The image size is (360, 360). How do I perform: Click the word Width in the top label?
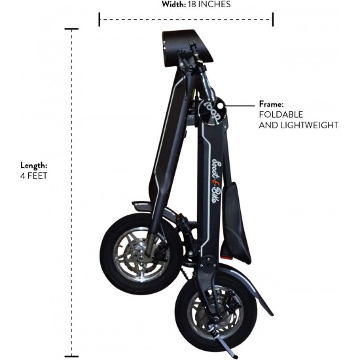[x=173, y=5]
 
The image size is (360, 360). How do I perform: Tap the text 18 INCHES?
[x=209, y=5]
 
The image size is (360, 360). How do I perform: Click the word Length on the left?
[x=33, y=166]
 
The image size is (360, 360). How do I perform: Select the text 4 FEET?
[x=33, y=176]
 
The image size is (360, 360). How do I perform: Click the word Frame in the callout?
[x=271, y=104]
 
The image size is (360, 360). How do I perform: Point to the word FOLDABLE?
[x=281, y=115]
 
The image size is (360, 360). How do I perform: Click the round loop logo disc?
[x=211, y=111]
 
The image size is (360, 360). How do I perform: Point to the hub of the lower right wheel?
[x=215, y=319]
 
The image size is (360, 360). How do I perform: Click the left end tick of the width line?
[x=99, y=20]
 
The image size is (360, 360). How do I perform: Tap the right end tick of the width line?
[x=273, y=20]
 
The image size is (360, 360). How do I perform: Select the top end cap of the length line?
[x=71, y=29]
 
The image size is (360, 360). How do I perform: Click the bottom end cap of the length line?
[x=71, y=356]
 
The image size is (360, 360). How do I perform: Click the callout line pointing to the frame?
[x=240, y=106]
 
